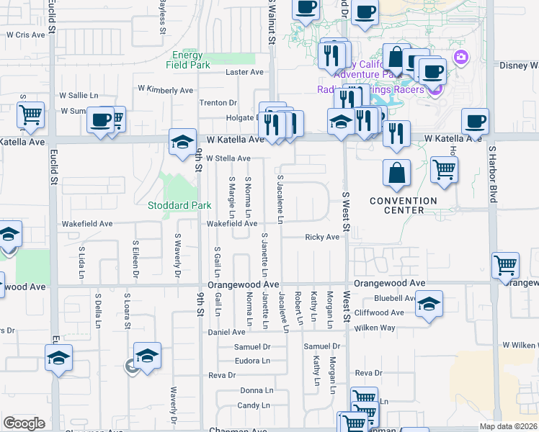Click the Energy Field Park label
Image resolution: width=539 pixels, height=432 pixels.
(190, 60)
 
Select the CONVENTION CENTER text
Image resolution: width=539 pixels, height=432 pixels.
(404, 205)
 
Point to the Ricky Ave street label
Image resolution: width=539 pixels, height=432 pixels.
(321, 237)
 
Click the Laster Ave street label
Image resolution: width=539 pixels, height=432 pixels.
(245, 73)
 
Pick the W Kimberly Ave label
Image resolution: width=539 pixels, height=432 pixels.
(165, 90)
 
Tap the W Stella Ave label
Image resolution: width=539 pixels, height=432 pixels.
(228, 158)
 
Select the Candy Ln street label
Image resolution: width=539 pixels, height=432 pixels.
(254, 406)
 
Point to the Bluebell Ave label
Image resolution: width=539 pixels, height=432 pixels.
(393, 298)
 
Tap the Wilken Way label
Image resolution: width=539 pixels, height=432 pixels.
(397, 328)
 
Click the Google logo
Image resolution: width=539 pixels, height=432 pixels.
(24, 423)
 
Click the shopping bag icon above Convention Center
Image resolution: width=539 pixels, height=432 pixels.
(396, 173)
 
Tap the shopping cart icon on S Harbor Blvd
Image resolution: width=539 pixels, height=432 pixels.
(505, 264)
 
